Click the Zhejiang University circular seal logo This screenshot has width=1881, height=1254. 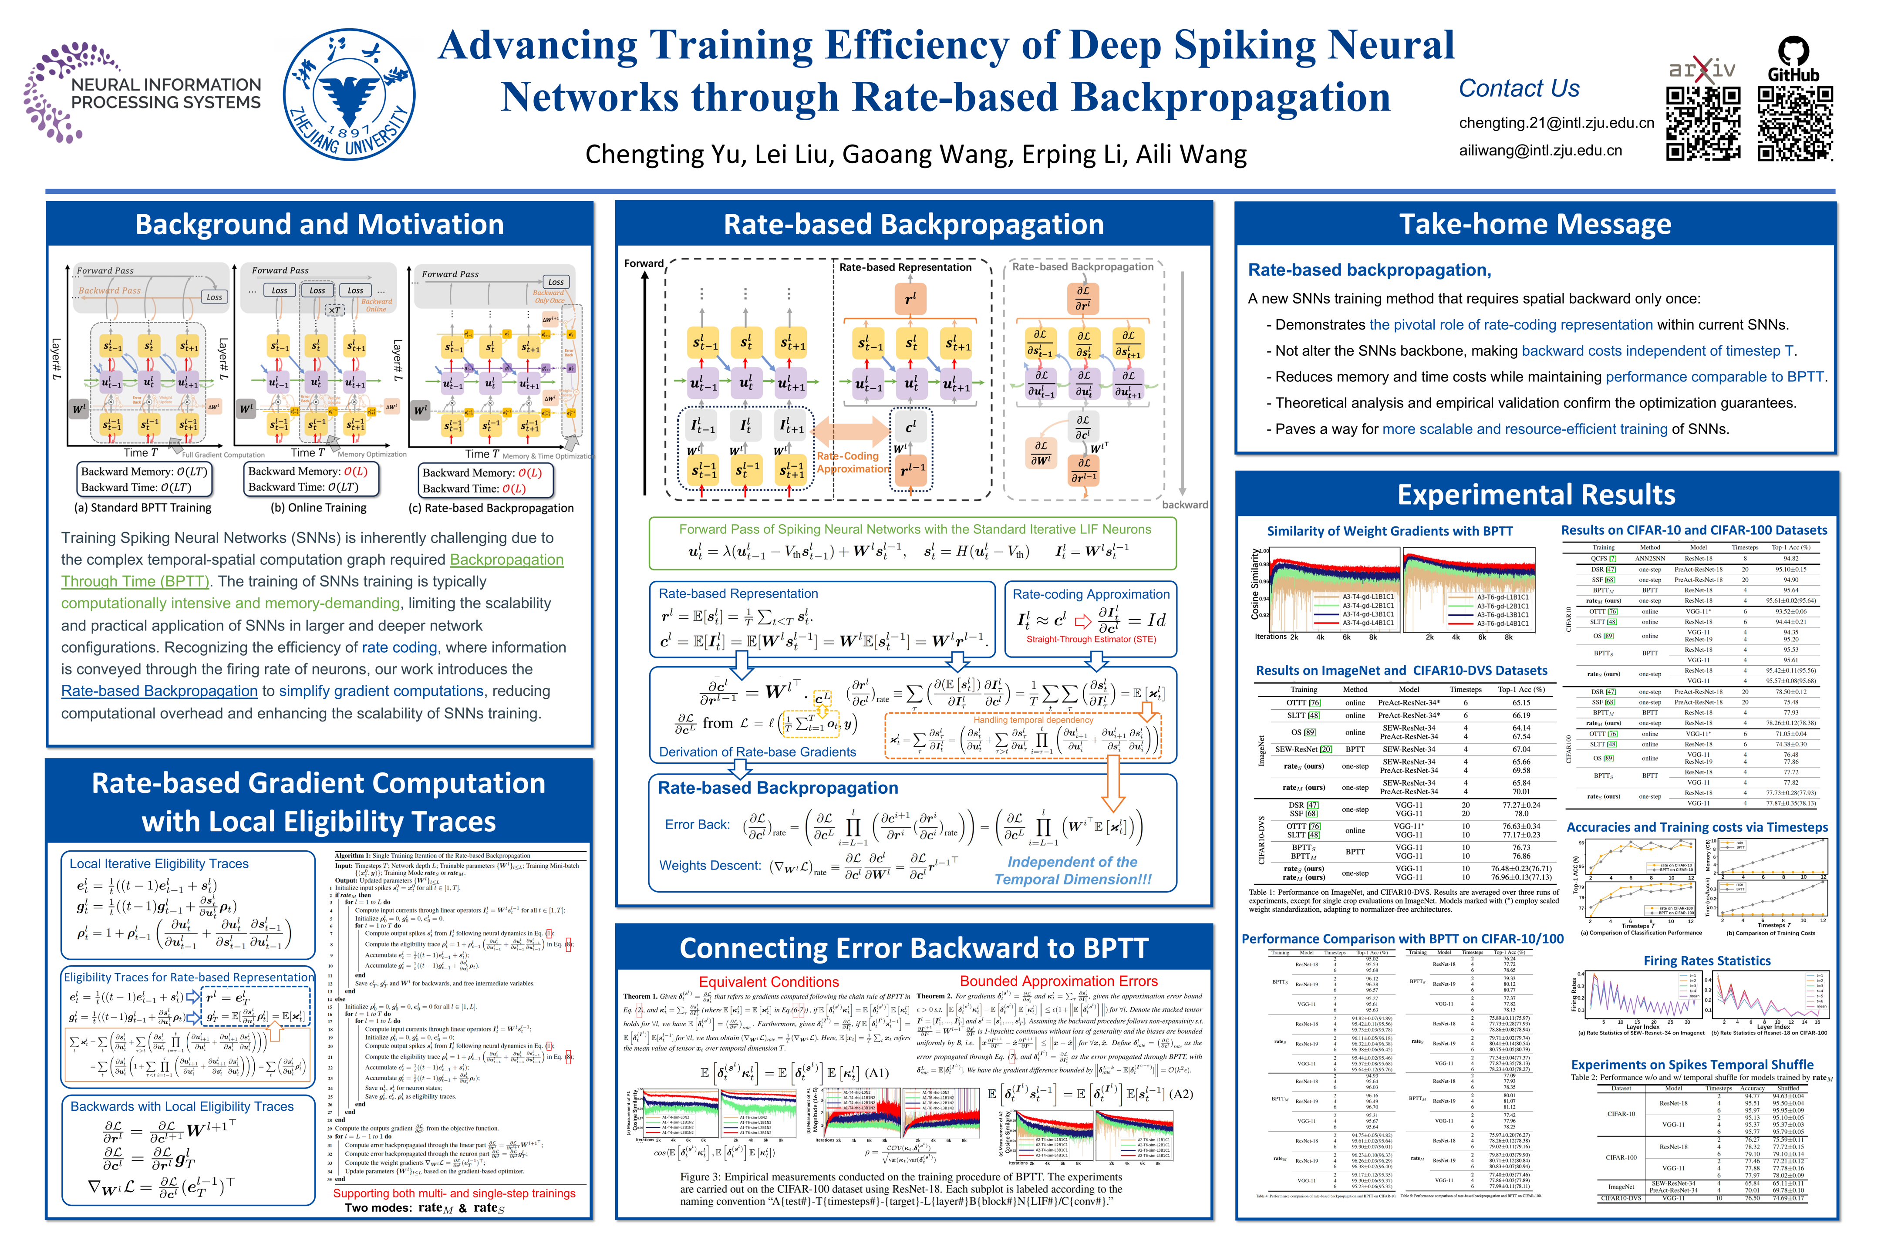tap(350, 94)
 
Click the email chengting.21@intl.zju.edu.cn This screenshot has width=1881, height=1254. tap(1555, 122)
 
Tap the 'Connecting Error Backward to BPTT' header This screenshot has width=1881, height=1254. tap(914, 948)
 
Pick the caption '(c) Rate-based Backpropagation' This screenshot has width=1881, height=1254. tap(491, 508)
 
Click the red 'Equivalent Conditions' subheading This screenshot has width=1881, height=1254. tap(769, 981)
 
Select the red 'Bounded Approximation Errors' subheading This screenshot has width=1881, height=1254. tap(1058, 981)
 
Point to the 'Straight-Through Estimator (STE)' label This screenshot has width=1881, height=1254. tap(1091, 639)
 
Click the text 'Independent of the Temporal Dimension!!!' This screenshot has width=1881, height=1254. tap(1072, 870)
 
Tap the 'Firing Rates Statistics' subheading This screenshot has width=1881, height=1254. tap(1707, 961)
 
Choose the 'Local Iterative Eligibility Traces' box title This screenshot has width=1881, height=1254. tap(159, 864)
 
